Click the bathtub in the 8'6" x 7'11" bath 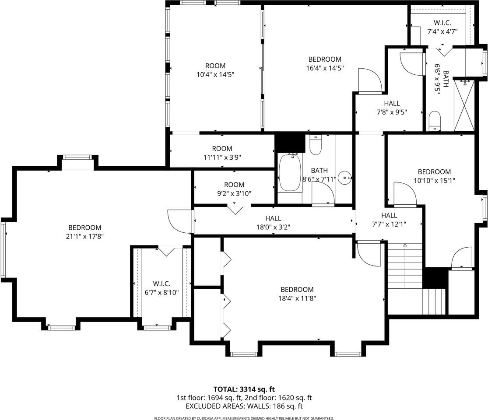click(x=290, y=173)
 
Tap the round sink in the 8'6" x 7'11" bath click(x=345, y=178)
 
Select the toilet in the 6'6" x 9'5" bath click(x=435, y=121)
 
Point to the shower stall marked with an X click(x=464, y=105)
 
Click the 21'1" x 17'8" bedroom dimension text click(x=84, y=236)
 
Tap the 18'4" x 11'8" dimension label click(x=297, y=298)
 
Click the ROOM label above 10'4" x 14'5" click(x=215, y=66)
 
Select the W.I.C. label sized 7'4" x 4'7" click(x=442, y=23)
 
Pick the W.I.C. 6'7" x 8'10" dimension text click(x=161, y=292)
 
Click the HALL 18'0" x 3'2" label click(x=273, y=223)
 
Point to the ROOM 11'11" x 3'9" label click(x=222, y=153)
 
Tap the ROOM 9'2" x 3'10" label click(x=234, y=189)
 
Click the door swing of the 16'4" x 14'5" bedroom click(x=370, y=80)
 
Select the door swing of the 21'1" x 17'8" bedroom click(x=179, y=221)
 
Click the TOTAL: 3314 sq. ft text click(x=244, y=389)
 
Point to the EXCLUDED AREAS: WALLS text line click(x=244, y=406)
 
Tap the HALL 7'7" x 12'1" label click(x=389, y=220)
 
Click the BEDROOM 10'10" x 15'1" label click(x=435, y=176)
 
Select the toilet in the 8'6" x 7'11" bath click(x=316, y=145)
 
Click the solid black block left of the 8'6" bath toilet click(x=289, y=143)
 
